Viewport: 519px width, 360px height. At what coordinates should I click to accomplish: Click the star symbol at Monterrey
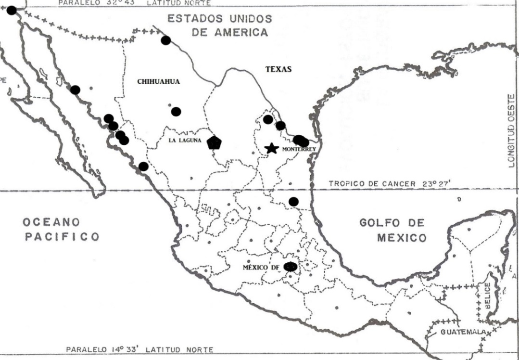(272, 148)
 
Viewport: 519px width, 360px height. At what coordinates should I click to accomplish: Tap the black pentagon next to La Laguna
(214, 142)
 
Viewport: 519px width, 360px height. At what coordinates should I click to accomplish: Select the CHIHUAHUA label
(158, 81)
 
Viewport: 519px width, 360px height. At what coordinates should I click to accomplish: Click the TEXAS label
(278, 69)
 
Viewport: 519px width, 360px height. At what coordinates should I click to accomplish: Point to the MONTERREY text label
(299, 150)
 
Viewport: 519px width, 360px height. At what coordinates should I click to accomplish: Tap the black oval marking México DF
(290, 266)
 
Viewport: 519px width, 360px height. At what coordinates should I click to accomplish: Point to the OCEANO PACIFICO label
(61, 229)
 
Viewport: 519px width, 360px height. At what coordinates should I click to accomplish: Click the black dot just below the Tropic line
(293, 201)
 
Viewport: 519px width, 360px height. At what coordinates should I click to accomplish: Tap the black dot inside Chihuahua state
(176, 112)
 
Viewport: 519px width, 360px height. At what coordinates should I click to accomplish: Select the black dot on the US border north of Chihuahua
(165, 40)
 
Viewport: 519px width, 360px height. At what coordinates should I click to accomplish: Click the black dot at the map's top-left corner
(12, 10)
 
